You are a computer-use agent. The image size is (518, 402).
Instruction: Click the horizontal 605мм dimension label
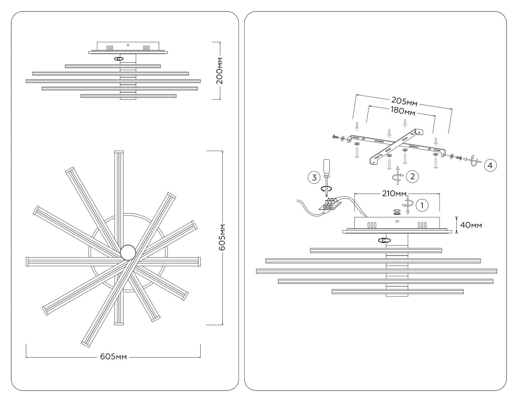pos(114,356)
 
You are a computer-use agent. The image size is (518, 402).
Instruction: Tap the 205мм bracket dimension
pos(404,101)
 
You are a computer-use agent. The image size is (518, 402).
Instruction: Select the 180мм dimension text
pos(402,111)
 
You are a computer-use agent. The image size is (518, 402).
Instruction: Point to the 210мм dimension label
pos(394,193)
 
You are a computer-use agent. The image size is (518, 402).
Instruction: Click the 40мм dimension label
pos(471,225)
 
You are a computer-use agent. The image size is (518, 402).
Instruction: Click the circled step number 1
pos(422,205)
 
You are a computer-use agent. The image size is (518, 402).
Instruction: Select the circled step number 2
pos(412,177)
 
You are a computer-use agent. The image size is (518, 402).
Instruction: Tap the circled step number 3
pos(314,178)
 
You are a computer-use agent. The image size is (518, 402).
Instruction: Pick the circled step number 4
pos(490,165)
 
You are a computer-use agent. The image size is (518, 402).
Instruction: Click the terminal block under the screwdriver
pos(330,204)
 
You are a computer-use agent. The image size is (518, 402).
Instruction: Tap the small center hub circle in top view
pos(128,252)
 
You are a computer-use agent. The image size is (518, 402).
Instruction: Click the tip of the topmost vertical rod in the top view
pos(119,152)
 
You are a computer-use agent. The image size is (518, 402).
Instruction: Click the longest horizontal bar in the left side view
pos(113,81)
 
